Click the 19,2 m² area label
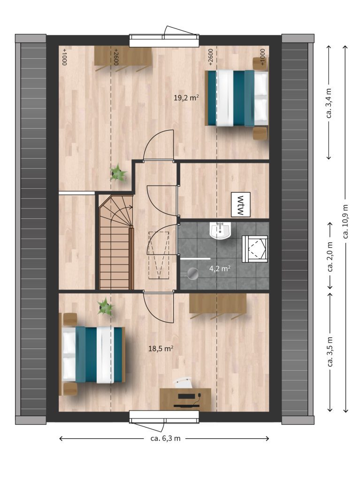pyautogui.click(x=186, y=98)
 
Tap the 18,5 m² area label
pyautogui.click(x=161, y=349)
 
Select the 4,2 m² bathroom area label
pyautogui.click(x=220, y=269)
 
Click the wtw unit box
pyautogui.click(x=241, y=205)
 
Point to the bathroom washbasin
pyautogui.click(x=220, y=231)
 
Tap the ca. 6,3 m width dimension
pyautogui.click(x=165, y=438)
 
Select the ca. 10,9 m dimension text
pyautogui.click(x=345, y=222)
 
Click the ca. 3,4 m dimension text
pyautogui.click(x=329, y=103)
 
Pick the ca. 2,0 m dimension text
pyautogui.click(x=330, y=256)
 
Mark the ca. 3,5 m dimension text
pyautogui.click(x=330, y=351)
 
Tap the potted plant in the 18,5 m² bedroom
pyautogui.click(x=105, y=306)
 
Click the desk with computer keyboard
pyautogui.click(x=185, y=399)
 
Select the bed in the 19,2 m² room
pyautogui.click(x=237, y=98)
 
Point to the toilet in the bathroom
pyautogui.click(x=254, y=249)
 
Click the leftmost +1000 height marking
pyautogui.click(x=64, y=57)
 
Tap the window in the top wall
pyautogui.click(x=164, y=40)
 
